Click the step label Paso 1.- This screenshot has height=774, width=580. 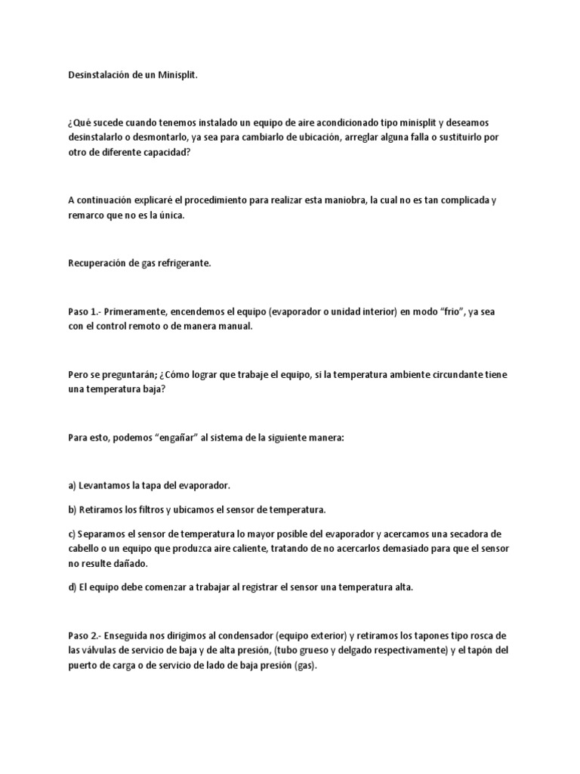(x=83, y=312)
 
